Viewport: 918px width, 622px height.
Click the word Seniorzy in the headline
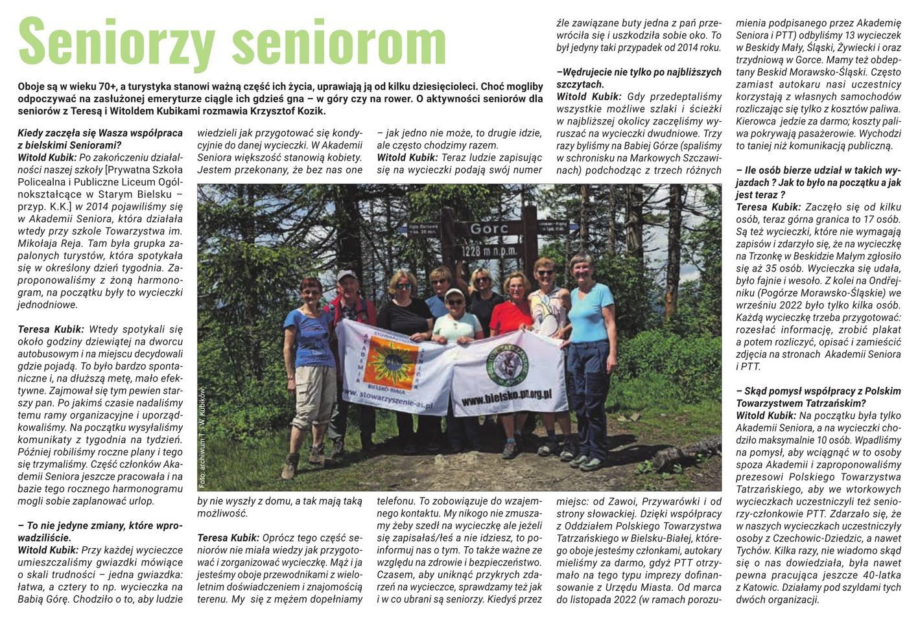(117, 41)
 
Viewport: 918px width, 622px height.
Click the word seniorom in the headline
(338, 41)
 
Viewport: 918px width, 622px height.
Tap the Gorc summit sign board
(489, 229)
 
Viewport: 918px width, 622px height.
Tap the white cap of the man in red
(346, 275)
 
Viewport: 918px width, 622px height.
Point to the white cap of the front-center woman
(454, 293)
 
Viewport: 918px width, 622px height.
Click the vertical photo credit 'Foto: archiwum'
(202, 437)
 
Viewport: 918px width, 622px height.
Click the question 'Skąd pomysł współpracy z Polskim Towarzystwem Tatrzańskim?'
(818, 397)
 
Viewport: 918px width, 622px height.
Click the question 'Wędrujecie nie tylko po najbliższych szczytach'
(639, 78)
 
